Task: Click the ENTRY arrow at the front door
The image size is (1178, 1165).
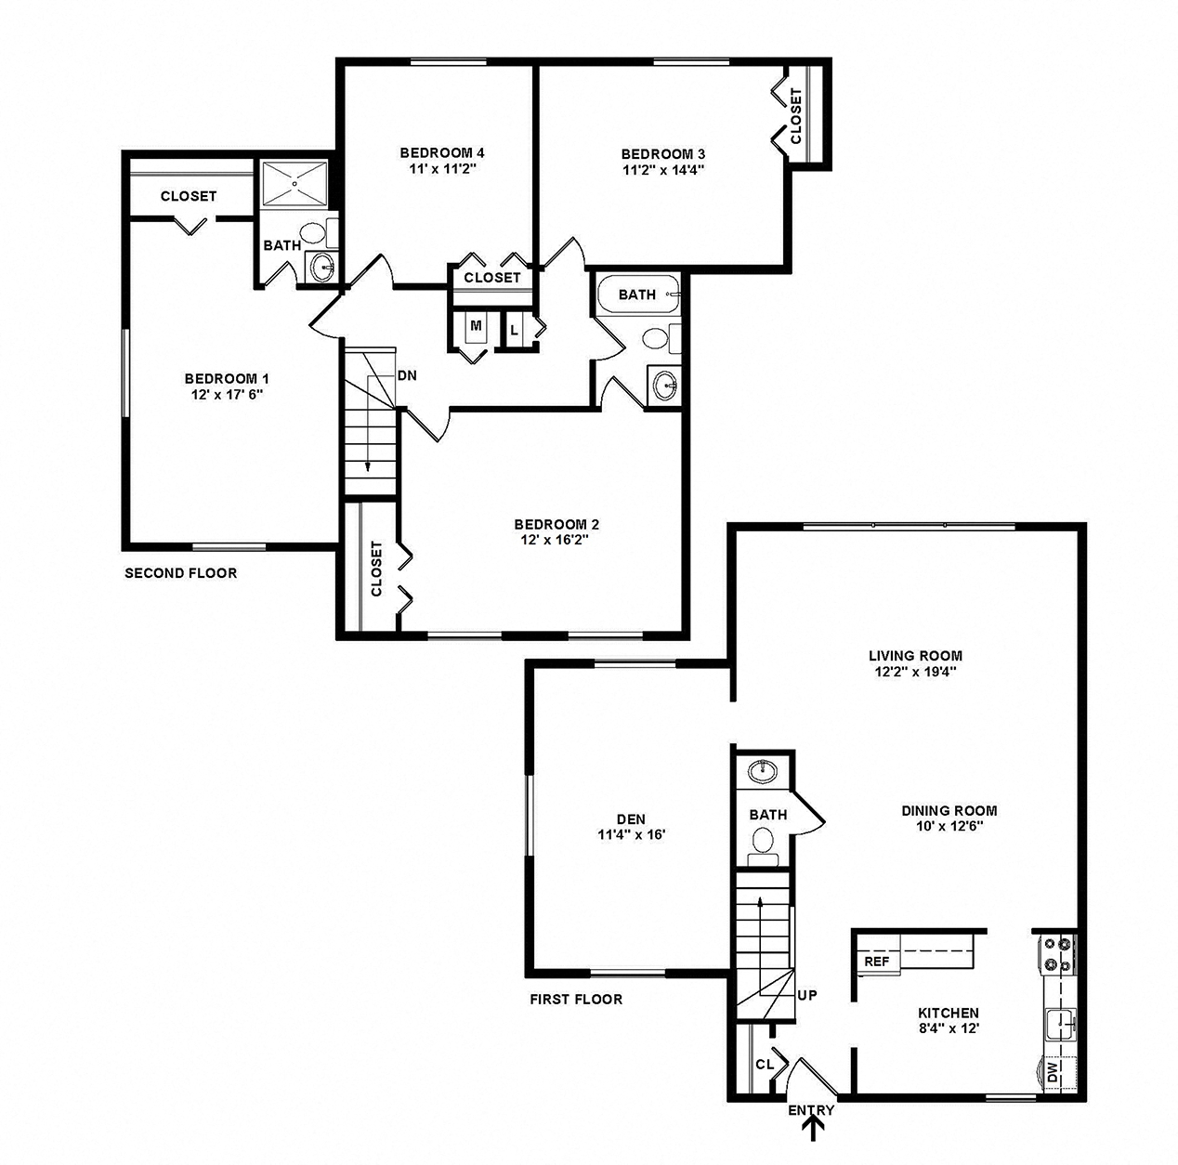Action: point(815,1128)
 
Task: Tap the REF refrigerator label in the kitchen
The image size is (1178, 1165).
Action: point(876,962)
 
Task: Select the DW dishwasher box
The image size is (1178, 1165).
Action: point(1054,1074)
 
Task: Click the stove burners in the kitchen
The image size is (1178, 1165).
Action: point(1057,954)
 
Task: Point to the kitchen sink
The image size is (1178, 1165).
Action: point(1059,1026)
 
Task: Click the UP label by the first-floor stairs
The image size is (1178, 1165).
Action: point(807,995)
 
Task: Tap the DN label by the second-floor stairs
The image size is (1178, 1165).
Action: point(407,376)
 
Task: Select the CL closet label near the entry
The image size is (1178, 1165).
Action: point(765,1065)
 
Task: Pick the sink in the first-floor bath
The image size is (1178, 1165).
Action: point(764,770)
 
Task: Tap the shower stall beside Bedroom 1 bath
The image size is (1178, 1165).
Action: point(294,184)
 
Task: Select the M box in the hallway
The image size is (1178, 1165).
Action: point(476,326)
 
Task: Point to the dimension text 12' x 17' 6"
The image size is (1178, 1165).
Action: point(227,394)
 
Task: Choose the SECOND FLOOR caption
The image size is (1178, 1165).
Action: point(181,573)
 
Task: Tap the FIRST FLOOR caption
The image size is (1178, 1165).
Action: point(576,1000)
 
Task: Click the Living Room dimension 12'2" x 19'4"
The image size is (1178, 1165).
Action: point(915,671)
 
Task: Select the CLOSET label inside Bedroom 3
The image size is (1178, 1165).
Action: point(796,116)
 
